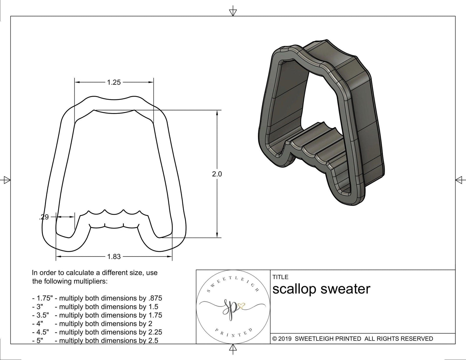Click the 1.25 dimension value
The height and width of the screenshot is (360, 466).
[114, 82]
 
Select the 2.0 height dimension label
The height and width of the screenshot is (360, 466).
[217, 174]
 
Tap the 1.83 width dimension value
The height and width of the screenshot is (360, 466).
[114, 257]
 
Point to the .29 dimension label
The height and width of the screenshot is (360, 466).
[44, 217]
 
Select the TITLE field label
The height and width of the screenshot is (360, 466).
[280, 277]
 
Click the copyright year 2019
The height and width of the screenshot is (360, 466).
[285, 339]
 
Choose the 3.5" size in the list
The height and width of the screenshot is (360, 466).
[42, 315]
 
